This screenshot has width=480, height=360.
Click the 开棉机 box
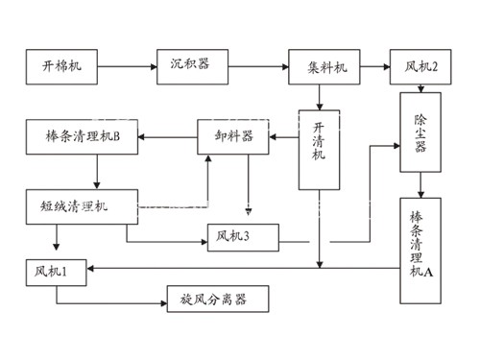pyautogui.click(x=62, y=66)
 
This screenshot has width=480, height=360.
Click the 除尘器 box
pyautogui.click(x=420, y=132)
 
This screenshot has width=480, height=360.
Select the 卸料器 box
pyautogui.click(x=233, y=137)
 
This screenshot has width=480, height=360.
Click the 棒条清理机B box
pyautogui.click(x=83, y=137)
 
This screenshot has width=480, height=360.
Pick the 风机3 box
pyautogui.click(x=243, y=236)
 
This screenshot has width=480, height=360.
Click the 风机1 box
pyautogui.click(x=56, y=272)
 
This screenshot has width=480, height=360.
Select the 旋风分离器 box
pyautogui.click(x=218, y=300)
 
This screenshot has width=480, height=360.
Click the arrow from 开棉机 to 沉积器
pyautogui.click(x=128, y=66)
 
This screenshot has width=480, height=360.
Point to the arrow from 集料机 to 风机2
pyautogui.click(x=374, y=66)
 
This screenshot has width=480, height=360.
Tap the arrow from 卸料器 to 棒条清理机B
pyautogui.click(x=168, y=137)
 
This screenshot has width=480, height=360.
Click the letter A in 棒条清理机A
pyautogui.click(x=428, y=273)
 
